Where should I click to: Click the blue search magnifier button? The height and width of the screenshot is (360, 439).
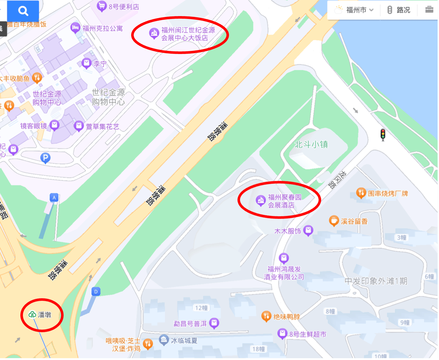23,11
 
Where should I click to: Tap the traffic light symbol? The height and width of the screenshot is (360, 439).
383,135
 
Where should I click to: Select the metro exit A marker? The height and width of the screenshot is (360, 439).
54,198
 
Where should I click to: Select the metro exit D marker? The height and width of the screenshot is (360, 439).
96,292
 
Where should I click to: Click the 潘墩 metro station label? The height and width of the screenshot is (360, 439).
40,315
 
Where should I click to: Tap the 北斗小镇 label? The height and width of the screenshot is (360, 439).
311,144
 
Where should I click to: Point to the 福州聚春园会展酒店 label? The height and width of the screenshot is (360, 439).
284,201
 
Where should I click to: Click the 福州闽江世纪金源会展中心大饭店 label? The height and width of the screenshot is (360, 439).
188,34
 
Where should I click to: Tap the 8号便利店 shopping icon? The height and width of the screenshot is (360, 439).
101,6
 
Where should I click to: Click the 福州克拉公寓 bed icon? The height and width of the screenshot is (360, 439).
75,28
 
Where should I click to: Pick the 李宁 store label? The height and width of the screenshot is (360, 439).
100,64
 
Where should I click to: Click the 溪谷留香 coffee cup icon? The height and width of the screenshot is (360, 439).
334,221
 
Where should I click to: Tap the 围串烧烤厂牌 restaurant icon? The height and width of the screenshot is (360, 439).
361,193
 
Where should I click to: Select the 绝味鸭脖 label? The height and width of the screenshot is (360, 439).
287,317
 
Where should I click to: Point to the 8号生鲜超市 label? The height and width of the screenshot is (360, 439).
308,334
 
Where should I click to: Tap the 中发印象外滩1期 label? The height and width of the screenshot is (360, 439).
376,281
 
